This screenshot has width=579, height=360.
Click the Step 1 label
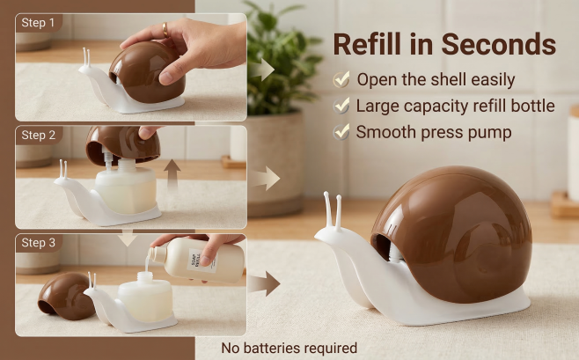(x=38, y=23)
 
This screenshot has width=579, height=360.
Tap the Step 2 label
(x=39, y=136)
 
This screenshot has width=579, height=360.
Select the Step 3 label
(x=39, y=243)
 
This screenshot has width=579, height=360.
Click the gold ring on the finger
(x=165, y=30)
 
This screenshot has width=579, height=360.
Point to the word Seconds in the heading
(x=499, y=44)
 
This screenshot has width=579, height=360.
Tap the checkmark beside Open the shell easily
(x=341, y=79)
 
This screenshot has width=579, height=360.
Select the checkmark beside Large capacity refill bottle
(x=341, y=106)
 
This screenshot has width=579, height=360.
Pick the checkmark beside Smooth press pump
(x=341, y=132)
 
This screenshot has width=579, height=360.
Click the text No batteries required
(x=289, y=348)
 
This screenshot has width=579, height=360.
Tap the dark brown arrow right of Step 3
(x=264, y=283)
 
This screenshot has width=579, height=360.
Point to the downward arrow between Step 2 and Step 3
(x=128, y=238)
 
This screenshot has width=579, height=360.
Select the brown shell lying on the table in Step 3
(x=64, y=296)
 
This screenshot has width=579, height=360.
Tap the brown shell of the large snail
(x=452, y=235)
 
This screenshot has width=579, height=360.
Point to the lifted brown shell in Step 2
(x=122, y=144)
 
